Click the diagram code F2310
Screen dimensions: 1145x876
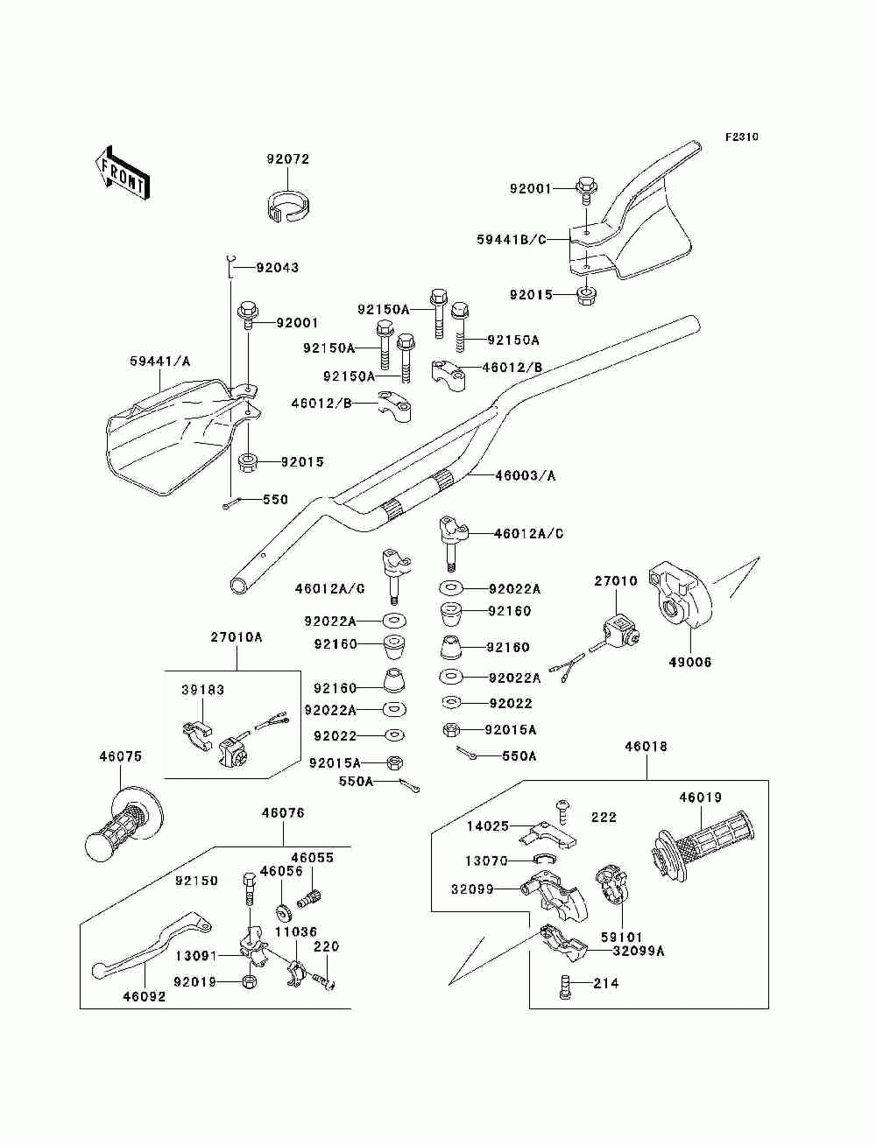coord(740,137)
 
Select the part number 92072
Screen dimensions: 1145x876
coord(287,159)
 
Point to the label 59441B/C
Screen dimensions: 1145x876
coord(511,239)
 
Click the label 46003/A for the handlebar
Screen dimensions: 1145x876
coord(525,475)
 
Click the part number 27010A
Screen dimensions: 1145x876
coord(236,637)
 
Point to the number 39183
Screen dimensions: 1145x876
coord(202,690)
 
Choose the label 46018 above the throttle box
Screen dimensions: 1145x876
coord(646,747)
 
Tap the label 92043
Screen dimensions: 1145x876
coord(278,267)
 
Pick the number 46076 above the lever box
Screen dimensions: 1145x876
coord(282,812)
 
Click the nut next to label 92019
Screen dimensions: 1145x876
coord(248,981)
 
